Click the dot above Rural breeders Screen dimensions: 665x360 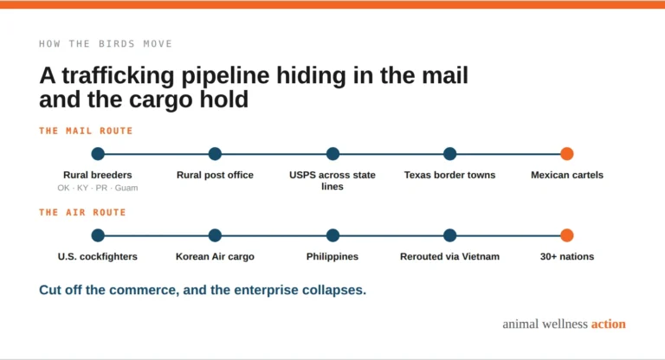(98, 153)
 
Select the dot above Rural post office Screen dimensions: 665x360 (215, 153)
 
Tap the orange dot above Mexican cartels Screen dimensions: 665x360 (567, 153)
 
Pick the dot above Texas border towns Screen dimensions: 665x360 (450, 153)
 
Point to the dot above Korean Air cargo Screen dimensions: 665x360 (215, 235)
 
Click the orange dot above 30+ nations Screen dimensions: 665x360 (567, 235)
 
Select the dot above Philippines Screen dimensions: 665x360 (332, 235)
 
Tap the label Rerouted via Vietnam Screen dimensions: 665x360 (449, 256)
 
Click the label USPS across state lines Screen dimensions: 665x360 (332, 181)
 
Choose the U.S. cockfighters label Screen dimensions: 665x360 (98, 256)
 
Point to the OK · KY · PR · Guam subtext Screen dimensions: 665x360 (98, 188)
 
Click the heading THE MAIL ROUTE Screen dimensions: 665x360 (86, 131)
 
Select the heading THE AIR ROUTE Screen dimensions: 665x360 (82, 212)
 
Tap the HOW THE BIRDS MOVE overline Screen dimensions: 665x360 (106, 43)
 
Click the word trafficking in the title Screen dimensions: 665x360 (119, 76)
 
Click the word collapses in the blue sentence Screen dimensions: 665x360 (333, 291)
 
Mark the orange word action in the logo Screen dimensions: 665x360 (608, 324)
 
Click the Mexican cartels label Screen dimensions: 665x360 (567, 175)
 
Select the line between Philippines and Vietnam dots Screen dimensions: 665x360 (391, 235)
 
